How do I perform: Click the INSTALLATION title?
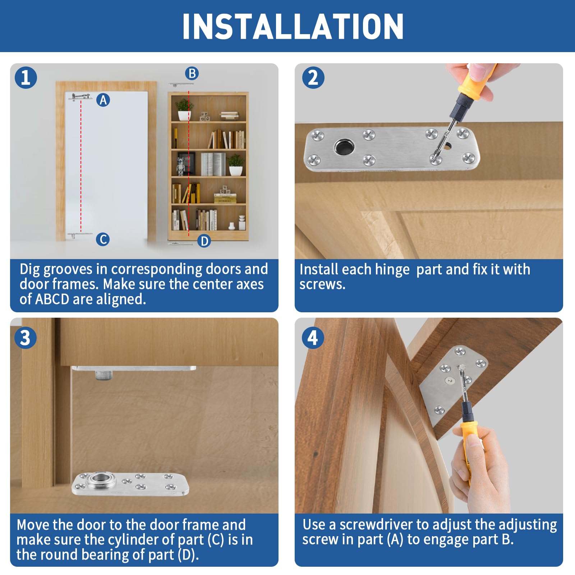(293, 26)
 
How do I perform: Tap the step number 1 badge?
(26, 78)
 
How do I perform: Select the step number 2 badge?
(313, 78)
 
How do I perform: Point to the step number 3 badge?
(26, 338)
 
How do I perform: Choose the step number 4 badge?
(313, 338)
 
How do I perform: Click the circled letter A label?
(103, 100)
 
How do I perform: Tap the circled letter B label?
(192, 73)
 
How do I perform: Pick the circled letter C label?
(103, 239)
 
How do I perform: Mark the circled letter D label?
(204, 241)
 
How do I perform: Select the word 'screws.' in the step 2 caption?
(322, 285)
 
